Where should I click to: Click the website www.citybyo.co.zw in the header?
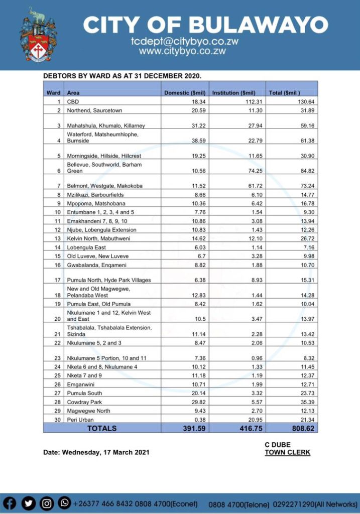182,51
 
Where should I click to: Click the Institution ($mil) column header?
234,93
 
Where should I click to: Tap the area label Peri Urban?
80,420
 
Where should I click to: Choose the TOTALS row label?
102,428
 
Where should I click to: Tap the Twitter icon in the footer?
29,503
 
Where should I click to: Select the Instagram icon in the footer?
47,503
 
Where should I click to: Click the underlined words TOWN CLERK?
287,452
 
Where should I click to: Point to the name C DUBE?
278,445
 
